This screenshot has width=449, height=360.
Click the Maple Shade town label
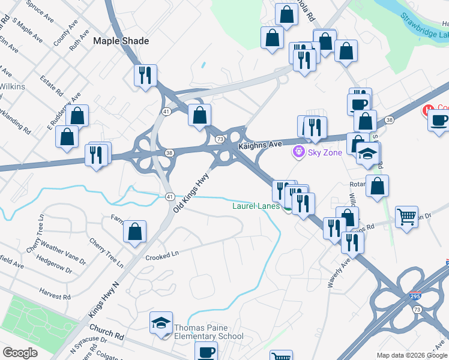[121, 41]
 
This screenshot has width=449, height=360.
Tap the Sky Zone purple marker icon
[298, 152]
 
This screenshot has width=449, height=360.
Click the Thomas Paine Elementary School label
[208, 332]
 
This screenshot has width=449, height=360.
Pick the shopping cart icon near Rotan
[407, 218]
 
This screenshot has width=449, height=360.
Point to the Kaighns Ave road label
[260, 145]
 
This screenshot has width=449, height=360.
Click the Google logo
[20, 353]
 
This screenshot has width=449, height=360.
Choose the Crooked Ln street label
[162, 254]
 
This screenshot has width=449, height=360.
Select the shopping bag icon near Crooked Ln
[134, 231]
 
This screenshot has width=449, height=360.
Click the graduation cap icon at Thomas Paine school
[161, 323]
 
